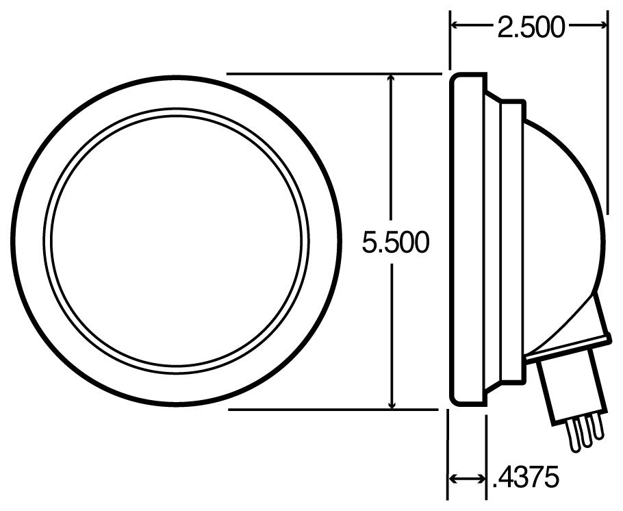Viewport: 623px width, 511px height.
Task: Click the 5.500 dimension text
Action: (x=395, y=242)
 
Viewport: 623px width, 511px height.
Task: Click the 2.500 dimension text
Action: (x=529, y=27)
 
